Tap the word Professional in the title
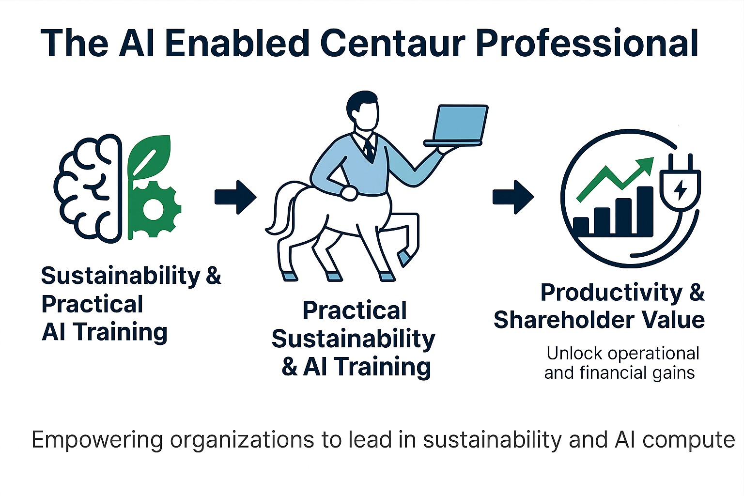point(587,44)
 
